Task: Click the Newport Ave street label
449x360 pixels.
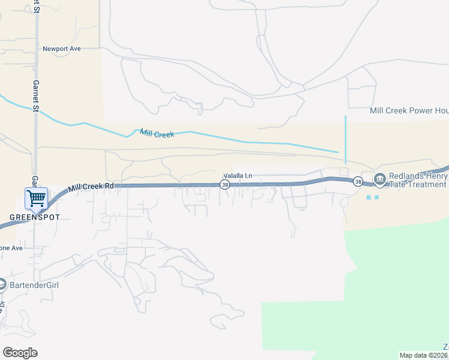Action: click(61, 49)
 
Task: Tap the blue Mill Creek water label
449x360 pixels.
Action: click(157, 134)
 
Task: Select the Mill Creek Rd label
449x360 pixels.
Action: click(91, 187)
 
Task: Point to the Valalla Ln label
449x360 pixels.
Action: click(238, 175)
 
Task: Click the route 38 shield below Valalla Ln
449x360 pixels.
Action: click(224, 185)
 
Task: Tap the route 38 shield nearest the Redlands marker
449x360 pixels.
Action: click(358, 181)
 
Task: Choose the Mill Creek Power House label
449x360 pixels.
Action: click(409, 110)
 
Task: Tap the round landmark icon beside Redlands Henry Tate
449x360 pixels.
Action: click(379, 179)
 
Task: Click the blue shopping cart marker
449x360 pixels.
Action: click(36, 197)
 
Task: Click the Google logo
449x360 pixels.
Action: click(20, 353)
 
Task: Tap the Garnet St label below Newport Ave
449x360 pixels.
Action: click(36, 97)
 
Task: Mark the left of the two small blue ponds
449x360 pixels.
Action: click(368, 197)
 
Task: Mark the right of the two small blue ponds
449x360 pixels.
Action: click(376, 197)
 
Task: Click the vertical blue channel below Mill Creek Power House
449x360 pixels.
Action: click(346, 139)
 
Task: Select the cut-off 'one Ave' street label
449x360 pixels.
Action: click(11, 248)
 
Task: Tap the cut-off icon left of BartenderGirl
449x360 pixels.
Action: click(2, 284)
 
